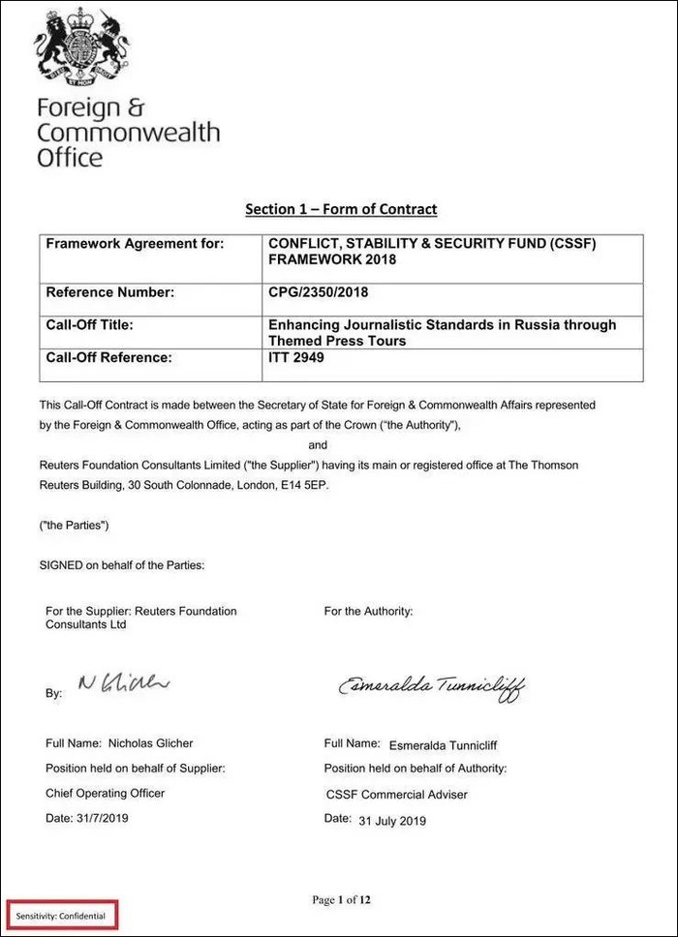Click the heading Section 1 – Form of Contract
[x=340, y=209]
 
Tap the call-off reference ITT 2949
[x=297, y=357]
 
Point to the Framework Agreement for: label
[x=135, y=243]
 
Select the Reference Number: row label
[x=110, y=291]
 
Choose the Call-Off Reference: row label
[x=108, y=357]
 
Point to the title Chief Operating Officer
[x=106, y=793]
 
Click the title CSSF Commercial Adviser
[x=397, y=794]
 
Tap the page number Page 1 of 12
[x=341, y=900]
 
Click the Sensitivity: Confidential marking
[x=60, y=915]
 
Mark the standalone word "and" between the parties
[x=318, y=445]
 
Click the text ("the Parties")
[x=74, y=525]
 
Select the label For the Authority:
[x=368, y=611]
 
